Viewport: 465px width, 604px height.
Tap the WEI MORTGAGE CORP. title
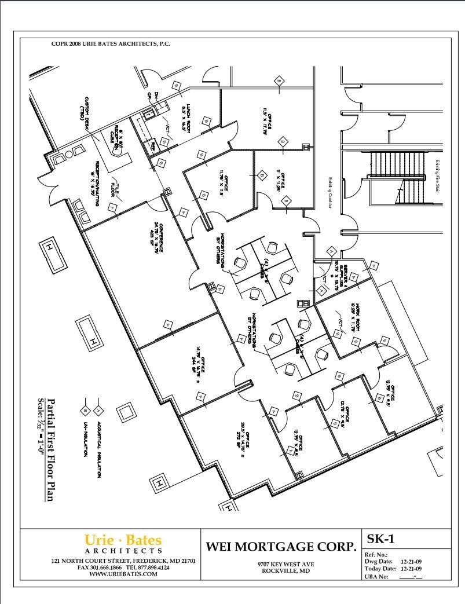pos(281,546)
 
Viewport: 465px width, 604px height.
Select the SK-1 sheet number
pos(380,539)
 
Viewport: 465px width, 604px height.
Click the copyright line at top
pos(111,44)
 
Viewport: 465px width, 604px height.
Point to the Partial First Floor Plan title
pos(51,449)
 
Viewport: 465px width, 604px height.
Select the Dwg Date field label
pos(379,561)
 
